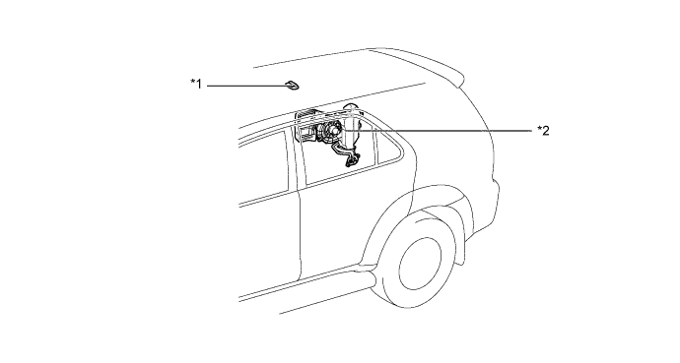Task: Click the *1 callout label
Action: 196,84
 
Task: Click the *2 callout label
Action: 543,130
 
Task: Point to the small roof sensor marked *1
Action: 292,86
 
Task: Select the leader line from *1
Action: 246,86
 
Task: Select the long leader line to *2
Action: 438,130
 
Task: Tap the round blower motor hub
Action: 332,130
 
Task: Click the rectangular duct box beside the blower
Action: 306,132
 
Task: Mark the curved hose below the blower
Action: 344,151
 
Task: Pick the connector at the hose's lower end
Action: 351,160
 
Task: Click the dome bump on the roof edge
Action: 350,107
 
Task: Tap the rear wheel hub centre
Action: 420,264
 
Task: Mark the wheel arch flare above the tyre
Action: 416,204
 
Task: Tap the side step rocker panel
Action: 304,287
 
